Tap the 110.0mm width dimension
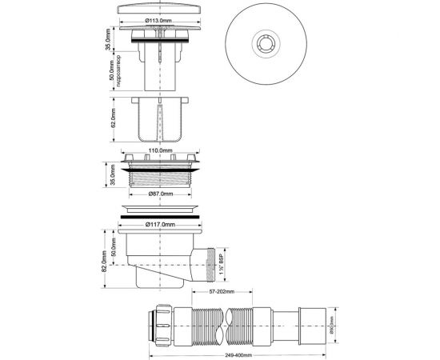pos(161,149)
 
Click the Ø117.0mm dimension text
pos(161,224)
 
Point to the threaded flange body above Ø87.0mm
pos(161,174)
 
